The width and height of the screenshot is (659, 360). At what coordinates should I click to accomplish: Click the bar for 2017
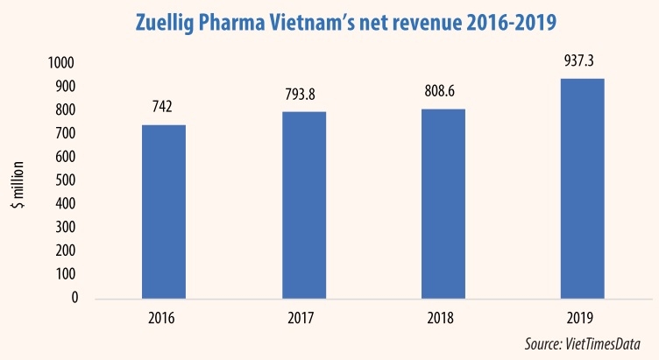(x=303, y=204)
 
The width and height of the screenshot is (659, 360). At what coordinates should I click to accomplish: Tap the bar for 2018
(x=443, y=202)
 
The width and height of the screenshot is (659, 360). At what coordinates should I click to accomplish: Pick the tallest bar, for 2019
(x=583, y=187)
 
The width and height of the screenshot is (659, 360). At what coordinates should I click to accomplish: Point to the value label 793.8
(x=303, y=93)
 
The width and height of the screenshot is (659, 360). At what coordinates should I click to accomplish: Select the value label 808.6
(x=443, y=89)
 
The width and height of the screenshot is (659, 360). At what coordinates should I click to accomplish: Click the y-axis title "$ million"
(x=32, y=180)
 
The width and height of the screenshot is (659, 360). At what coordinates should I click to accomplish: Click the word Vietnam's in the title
(x=352, y=21)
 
